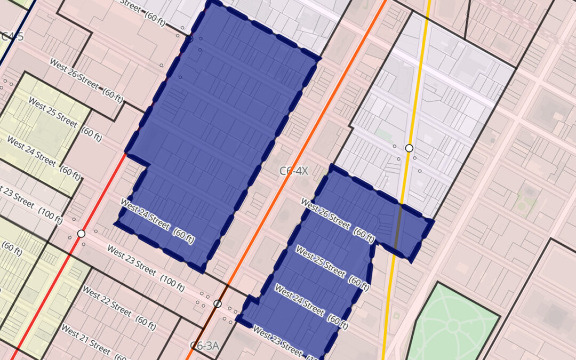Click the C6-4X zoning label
click(294, 171)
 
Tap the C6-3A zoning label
click(205, 345)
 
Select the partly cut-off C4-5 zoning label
click(12, 36)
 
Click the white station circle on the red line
click(81, 234)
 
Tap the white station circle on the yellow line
click(409, 148)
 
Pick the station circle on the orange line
click(217, 303)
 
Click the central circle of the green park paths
click(453, 325)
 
